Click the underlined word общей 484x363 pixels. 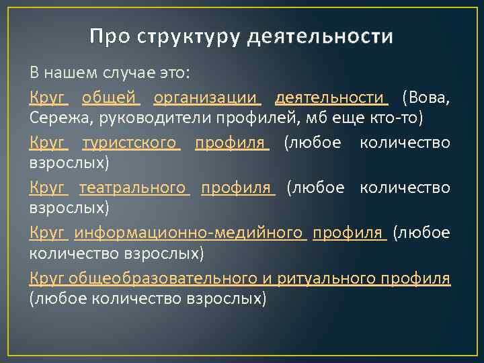click(110, 98)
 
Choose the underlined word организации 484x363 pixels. click(206, 98)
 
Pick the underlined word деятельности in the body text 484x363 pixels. click(331, 98)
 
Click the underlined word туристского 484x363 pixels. click(130, 143)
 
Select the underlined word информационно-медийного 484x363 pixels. click(189, 233)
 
